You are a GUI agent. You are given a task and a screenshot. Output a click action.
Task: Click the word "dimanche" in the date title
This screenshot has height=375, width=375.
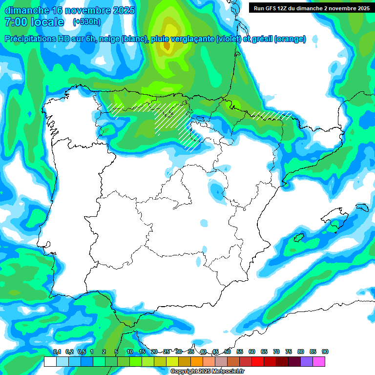(x=25, y=10)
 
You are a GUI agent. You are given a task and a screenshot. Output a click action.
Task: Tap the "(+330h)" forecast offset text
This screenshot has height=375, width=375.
(x=86, y=21)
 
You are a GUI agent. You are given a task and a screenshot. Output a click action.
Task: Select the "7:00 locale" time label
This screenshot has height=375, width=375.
(x=34, y=22)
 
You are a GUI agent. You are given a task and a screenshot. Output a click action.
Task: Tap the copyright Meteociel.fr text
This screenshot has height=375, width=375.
(x=208, y=372)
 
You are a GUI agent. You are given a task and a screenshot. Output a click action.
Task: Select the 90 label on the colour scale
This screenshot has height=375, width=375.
(x=325, y=352)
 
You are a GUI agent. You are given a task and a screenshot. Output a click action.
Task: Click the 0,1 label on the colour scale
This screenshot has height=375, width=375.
(x=57, y=352)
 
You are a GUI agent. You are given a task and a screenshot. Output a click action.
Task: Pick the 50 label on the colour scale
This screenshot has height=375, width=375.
(x=228, y=352)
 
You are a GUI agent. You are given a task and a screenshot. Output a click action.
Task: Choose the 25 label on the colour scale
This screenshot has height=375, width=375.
(x=167, y=352)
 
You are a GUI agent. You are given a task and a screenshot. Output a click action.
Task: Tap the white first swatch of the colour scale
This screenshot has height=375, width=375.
(x=50, y=361)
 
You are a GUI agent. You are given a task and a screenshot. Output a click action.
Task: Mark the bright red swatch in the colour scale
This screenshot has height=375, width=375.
(x=258, y=361)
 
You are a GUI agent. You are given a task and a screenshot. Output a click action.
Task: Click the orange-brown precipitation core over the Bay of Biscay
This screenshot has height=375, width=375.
(x=167, y=46)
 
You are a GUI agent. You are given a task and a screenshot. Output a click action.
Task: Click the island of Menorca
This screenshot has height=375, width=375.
(x=362, y=208)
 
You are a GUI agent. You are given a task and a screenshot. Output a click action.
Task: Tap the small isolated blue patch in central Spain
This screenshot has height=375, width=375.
(x=204, y=223)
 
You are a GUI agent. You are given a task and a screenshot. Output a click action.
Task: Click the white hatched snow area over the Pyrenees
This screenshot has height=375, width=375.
(x=271, y=116)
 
